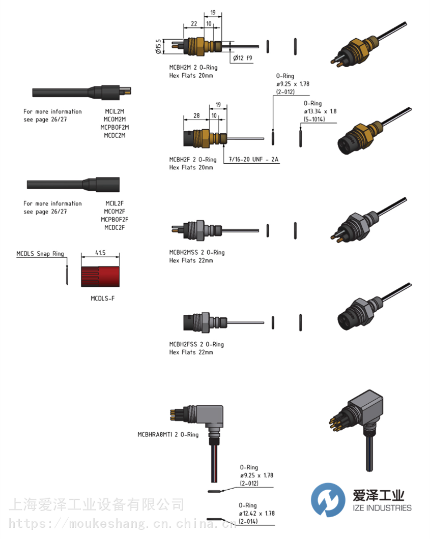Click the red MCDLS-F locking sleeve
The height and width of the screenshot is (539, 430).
[100, 277]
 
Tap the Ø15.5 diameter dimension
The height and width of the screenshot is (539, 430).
[158, 46]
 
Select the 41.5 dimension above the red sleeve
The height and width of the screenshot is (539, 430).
[100, 253]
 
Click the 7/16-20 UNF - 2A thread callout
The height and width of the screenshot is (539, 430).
[253, 159]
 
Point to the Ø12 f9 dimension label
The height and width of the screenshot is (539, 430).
[243, 58]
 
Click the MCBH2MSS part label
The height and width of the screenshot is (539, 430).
[183, 252]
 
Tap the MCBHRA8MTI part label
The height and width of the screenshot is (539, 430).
[155, 434]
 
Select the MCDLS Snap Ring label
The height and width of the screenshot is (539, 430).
[40, 254]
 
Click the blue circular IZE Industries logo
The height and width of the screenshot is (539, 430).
[328, 500]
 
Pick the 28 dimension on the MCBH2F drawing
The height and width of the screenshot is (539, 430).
[196, 115]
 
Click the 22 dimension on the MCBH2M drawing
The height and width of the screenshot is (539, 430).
[194, 24]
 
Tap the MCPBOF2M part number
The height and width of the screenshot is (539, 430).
[114, 127]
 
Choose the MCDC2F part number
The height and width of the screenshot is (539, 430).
[114, 228]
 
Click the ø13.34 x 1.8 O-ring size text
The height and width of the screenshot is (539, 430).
[320, 111]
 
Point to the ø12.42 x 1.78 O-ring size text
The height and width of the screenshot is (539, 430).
[256, 513]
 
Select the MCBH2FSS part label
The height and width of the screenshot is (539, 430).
[183, 344]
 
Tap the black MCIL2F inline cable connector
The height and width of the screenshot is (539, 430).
[73, 185]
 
